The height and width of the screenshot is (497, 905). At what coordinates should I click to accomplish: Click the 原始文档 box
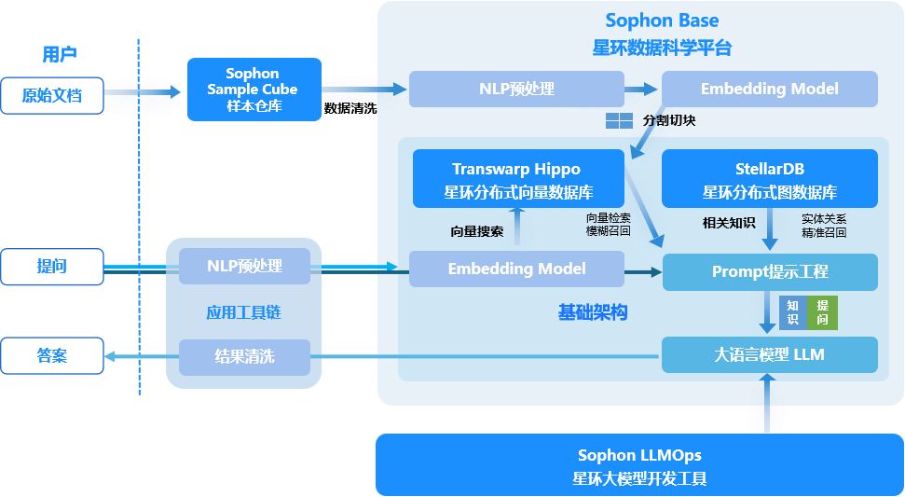tap(52, 95)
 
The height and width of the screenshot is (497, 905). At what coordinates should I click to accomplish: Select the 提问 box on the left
tap(52, 267)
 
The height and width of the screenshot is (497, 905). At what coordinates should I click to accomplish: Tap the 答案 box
tap(52, 355)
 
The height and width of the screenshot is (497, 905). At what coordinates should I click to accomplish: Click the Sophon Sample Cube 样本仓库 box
tap(254, 90)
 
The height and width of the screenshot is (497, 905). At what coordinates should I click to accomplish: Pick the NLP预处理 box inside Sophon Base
tap(516, 90)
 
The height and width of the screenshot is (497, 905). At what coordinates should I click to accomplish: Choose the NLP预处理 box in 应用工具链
tap(244, 266)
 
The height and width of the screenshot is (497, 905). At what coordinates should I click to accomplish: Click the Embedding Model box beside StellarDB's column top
tap(769, 90)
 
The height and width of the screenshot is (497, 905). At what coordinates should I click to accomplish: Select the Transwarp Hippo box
tap(517, 179)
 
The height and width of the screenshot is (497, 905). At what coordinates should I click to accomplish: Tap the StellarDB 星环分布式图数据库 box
tap(769, 179)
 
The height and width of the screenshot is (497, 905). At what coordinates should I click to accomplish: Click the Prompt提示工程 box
tap(770, 271)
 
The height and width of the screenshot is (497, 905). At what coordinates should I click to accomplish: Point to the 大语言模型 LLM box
tap(770, 354)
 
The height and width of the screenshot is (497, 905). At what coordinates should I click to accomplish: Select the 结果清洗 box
tap(244, 356)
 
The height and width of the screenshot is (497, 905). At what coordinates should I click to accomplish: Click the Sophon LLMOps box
tap(639, 465)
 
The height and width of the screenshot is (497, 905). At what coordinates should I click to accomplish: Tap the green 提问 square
tap(822, 311)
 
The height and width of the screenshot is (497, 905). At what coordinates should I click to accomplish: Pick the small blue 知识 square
tap(792, 311)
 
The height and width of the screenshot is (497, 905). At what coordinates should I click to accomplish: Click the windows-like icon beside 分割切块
tap(620, 120)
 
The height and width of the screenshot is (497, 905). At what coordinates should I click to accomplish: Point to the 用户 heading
tap(60, 54)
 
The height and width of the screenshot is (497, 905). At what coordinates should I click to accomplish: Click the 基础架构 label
tap(593, 312)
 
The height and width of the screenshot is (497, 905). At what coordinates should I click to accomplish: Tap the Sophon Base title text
tap(662, 21)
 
